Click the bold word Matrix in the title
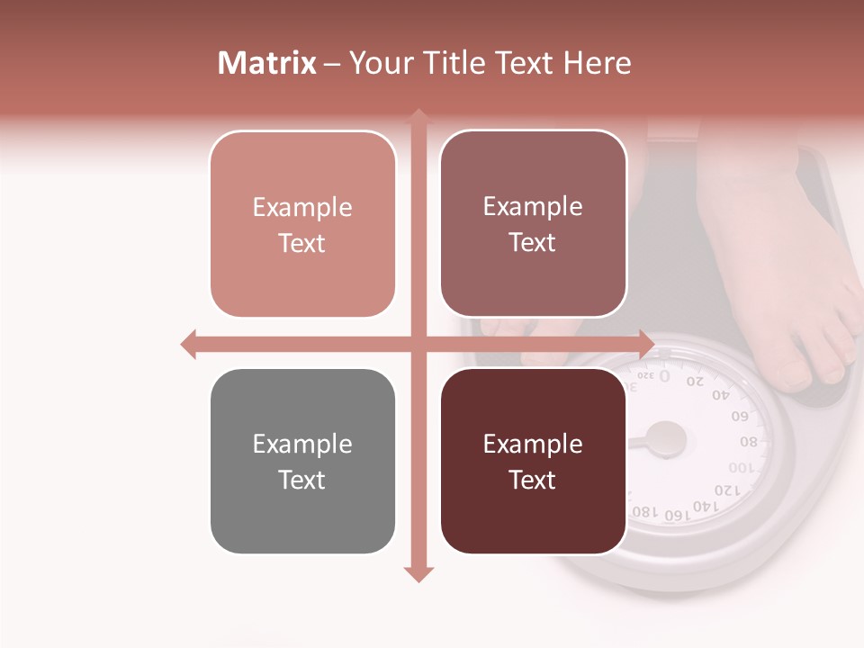point(267,63)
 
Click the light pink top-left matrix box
point(302,224)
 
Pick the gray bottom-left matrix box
point(302,461)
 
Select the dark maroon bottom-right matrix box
point(533,461)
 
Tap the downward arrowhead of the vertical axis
point(418,573)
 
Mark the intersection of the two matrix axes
point(418,344)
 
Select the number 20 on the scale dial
point(695,381)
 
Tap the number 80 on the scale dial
point(749,442)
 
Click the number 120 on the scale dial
point(726,490)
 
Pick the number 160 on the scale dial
point(674,515)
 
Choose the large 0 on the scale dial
point(664,375)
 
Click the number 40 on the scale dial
point(721,394)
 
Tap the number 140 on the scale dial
point(705,507)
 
